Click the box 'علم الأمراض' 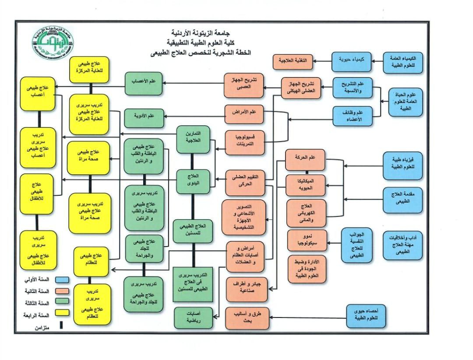coord(245,113)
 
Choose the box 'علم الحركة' coord(305,160)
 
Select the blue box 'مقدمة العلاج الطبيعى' coord(402,199)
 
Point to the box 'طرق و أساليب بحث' coord(246,318)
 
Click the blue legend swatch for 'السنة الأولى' coord(63,279)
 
